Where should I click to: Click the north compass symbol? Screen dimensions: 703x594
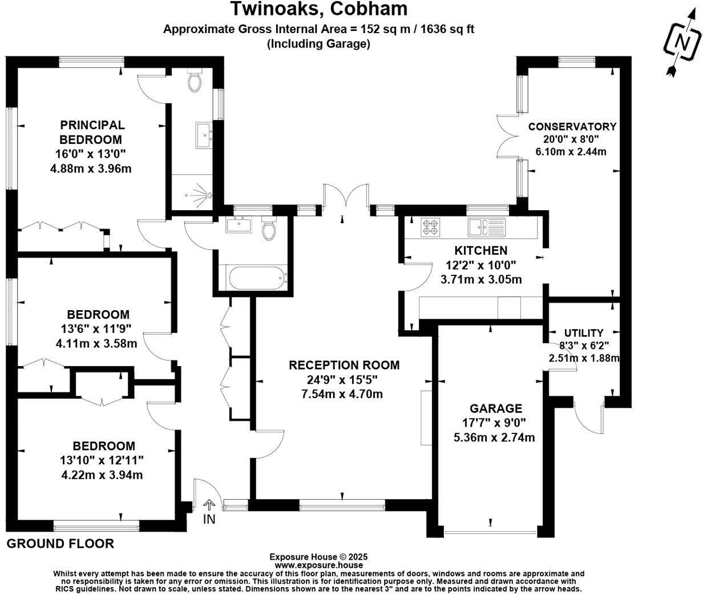[x=682, y=44]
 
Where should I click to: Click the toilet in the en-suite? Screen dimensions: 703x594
[x=195, y=82]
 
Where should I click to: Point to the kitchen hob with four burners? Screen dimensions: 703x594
[x=430, y=227]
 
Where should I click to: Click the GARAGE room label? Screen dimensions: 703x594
[x=495, y=408]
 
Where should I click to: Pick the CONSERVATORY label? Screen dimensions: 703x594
[x=572, y=127]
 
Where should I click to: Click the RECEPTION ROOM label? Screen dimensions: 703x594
[x=344, y=365]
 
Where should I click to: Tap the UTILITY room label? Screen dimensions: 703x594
[x=583, y=333]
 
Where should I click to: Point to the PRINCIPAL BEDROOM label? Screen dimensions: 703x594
[x=92, y=132]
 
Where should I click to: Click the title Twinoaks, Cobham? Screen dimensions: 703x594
[x=318, y=9]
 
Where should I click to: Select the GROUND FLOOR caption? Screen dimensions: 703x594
[x=60, y=543]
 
